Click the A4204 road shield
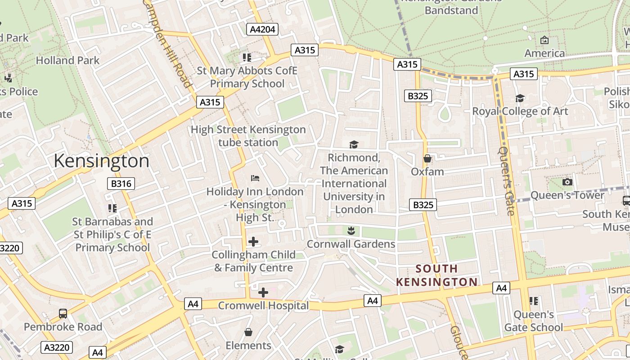click(x=262, y=30)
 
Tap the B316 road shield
click(x=121, y=184)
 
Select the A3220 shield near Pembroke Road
click(x=57, y=347)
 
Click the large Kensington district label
click(x=101, y=161)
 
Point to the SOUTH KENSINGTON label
click(x=436, y=275)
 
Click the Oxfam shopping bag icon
click(x=427, y=159)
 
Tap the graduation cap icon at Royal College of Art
click(x=520, y=98)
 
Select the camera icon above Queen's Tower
click(x=567, y=182)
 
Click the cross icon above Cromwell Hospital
click(x=263, y=293)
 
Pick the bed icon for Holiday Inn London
click(x=255, y=178)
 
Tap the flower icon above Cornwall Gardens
click(x=351, y=231)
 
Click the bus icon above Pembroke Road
click(x=63, y=314)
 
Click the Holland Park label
click(x=67, y=60)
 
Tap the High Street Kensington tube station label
click(x=248, y=136)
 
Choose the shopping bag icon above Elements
click(x=248, y=333)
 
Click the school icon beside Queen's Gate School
click(x=534, y=301)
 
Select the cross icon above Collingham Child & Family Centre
click(x=253, y=242)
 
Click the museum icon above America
click(x=544, y=40)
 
